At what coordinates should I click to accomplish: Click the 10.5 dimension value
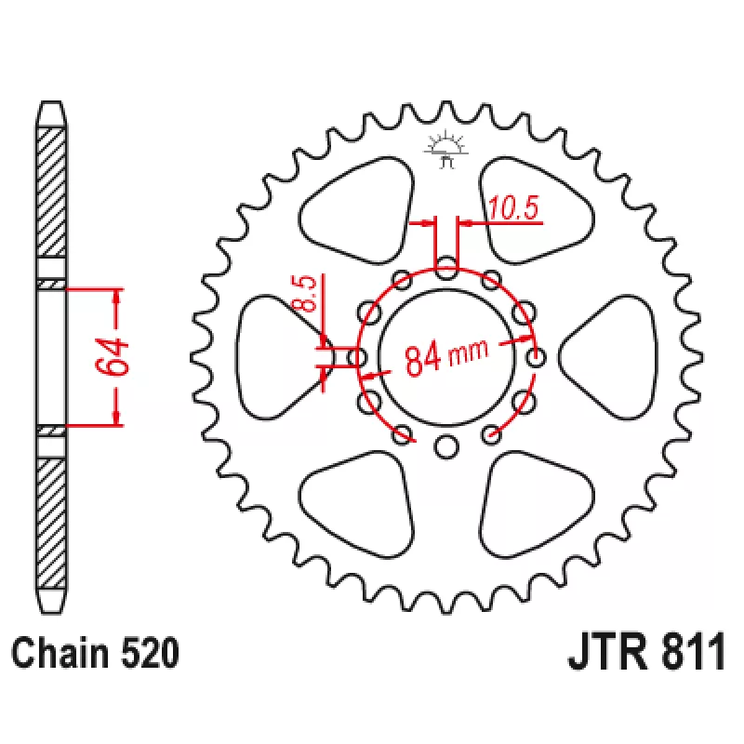(x=513, y=207)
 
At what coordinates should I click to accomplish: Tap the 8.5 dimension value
(x=304, y=293)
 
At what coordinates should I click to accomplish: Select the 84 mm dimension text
(x=446, y=356)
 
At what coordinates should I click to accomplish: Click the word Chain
(x=60, y=654)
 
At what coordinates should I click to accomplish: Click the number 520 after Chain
(x=150, y=654)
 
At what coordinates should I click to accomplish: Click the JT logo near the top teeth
(x=446, y=151)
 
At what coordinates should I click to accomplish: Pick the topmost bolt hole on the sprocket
(x=446, y=268)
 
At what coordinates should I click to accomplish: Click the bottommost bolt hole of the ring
(x=446, y=446)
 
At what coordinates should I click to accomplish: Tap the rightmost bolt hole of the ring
(x=537, y=357)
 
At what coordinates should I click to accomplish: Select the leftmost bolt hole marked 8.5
(x=357, y=357)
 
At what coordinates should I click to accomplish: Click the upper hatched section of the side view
(x=51, y=193)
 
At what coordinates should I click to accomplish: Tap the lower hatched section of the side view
(x=51, y=523)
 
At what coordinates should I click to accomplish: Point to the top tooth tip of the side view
(x=51, y=101)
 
